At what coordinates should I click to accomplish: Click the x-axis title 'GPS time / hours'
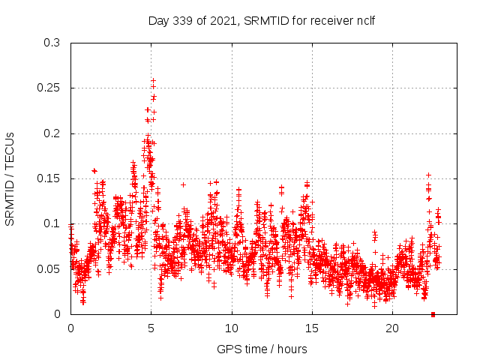click(x=262, y=349)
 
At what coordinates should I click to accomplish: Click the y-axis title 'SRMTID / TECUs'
click(x=10, y=178)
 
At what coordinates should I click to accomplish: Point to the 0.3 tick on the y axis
click(x=52, y=43)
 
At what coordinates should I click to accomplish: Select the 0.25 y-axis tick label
click(x=49, y=88)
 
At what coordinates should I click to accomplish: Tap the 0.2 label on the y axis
click(x=52, y=133)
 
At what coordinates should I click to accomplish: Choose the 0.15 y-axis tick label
click(x=49, y=178)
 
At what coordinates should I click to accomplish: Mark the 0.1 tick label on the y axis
click(x=52, y=223)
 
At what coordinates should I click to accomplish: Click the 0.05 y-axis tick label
click(x=49, y=268)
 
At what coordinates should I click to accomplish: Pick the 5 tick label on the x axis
click(x=151, y=328)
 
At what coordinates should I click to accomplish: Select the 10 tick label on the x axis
click(x=232, y=328)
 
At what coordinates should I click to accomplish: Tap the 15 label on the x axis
click(x=312, y=328)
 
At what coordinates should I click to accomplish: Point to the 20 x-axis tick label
click(x=392, y=328)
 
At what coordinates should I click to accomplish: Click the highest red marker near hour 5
click(x=153, y=80)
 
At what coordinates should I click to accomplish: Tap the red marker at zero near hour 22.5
click(x=433, y=314)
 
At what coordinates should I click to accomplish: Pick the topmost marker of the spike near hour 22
click(x=428, y=175)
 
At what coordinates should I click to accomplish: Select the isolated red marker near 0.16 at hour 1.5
click(x=94, y=171)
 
